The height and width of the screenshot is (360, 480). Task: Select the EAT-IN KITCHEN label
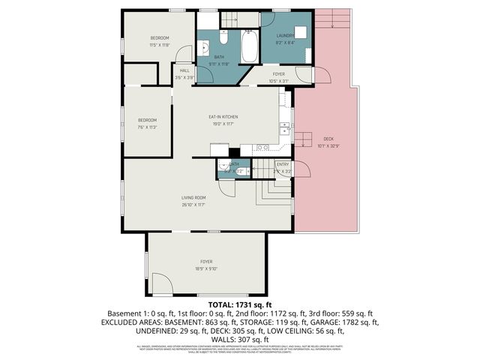[223, 117]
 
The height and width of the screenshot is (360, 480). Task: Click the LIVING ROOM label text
[193, 198]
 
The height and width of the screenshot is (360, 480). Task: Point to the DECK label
[328, 139]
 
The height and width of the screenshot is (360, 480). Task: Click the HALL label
[184, 70]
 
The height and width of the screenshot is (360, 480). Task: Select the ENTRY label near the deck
[282, 164]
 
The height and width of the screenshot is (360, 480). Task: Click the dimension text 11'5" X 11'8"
[160, 45]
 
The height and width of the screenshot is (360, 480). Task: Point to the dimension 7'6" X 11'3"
[146, 127]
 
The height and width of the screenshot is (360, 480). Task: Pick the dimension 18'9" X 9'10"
[205, 268]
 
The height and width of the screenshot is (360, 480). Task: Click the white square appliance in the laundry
[301, 33]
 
